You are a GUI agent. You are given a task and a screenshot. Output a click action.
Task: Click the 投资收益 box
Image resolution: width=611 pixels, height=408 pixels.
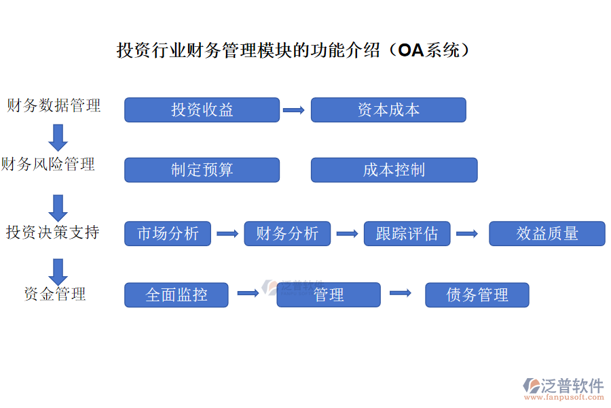(x=202, y=110)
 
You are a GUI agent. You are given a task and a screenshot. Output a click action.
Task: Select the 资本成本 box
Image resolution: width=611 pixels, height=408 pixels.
(x=388, y=110)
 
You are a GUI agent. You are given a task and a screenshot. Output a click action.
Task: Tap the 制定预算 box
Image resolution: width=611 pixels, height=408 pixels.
(x=202, y=170)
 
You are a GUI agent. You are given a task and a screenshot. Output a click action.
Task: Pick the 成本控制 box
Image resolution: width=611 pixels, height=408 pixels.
(x=394, y=170)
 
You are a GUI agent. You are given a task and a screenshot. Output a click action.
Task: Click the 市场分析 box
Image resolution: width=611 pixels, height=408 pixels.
(x=168, y=234)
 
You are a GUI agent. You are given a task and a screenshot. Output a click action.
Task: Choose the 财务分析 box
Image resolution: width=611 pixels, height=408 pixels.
(x=287, y=234)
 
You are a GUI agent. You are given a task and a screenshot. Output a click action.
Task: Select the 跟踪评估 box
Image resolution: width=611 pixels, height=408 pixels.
(x=407, y=234)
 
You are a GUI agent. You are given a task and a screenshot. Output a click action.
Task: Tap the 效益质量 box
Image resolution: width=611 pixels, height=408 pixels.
(x=547, y=234)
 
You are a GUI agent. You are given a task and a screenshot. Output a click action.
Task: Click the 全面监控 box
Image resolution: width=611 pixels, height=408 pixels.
(x=177, y=295)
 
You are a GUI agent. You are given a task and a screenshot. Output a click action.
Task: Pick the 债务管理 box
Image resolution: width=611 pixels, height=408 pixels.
(x=477, y=295)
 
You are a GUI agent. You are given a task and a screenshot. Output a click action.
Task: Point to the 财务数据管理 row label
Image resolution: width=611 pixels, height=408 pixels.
(x=54, y=105)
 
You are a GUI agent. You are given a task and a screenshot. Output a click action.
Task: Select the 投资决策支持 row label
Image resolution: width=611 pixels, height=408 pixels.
(x=53, y=233)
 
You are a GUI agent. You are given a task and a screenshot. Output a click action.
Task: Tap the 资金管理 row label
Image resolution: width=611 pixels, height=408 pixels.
(x=54, y=294)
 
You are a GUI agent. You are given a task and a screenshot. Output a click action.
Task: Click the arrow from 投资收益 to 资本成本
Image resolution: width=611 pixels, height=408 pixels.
(x=294, y=110)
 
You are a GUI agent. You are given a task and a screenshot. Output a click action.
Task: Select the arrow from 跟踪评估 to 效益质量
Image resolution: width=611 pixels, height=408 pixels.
(x=467, y=234)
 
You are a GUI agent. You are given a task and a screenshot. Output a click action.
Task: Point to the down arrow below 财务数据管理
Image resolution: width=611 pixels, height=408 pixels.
(x=58, y=137)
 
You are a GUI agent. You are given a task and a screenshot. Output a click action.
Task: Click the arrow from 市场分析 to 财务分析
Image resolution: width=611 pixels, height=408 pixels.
(x=227, y=234)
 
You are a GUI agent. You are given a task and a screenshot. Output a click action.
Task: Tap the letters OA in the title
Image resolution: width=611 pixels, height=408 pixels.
(x=411, y=50)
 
